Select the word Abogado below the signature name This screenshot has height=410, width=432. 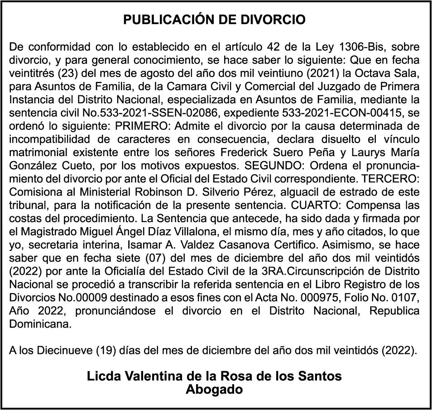point(214,389)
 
